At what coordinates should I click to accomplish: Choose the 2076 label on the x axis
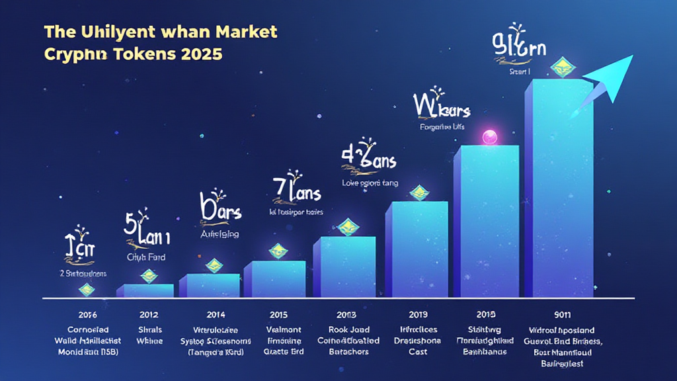[89, 313]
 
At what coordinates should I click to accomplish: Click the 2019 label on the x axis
[419, 313]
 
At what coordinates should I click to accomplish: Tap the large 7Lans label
[296, 191]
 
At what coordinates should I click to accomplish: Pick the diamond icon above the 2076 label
[86, 289]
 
